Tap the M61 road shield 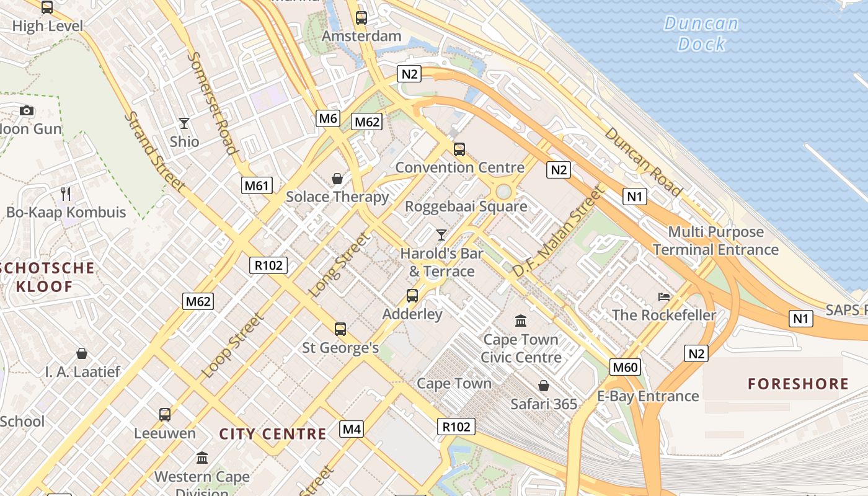pyautogui.click(x=257, y=185)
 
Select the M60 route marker pyautogui.click(x=624, y=368)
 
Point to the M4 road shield pyautogui.click(x=352, y=429)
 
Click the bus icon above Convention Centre pyautogui.click(x=459, y=149)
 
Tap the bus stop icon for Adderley pyautogui.click(x=412, y=296)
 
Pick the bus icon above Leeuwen pyautogui.click(x=165, y=415)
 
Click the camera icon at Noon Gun pyautogui.click(x=26, y=111)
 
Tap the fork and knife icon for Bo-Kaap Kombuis pyautogui.click(x=66, y=194)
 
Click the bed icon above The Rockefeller pyautogui.click(x=664, y=296)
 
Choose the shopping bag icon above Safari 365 pyautogui.click(x=544, y=386)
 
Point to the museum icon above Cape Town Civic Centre pyautogui.click(x=521, y=321)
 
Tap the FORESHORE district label pyautogui.click(x=798, y=384)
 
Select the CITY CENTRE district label pyautogui.click(x=273, y=434)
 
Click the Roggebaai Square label pyautogui.click(x=466, y=206)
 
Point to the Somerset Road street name pyautogui.click(x=212, y=102)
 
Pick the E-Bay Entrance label pyautogui.click(x=648, y=396)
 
